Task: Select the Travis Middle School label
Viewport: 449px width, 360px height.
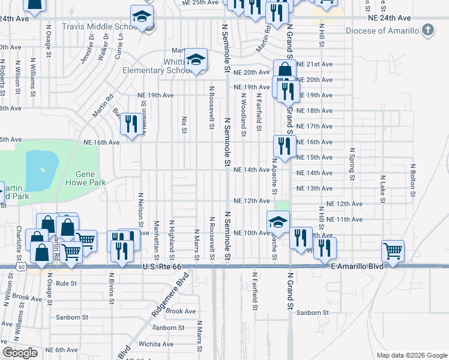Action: [x=103, y=27]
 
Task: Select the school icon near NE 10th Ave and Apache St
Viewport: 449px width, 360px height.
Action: [x=277, y=222]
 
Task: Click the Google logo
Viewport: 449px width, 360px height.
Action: [x=20, y=353]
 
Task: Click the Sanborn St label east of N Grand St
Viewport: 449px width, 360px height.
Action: [x=312, y=313]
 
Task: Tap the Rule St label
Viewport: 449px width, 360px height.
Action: [x=66, y=283]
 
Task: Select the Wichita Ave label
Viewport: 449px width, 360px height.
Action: [x=157, y=344]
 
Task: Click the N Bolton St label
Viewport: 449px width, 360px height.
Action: [x=413, y=180]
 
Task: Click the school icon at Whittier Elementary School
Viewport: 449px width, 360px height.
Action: [x=196, y=59]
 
